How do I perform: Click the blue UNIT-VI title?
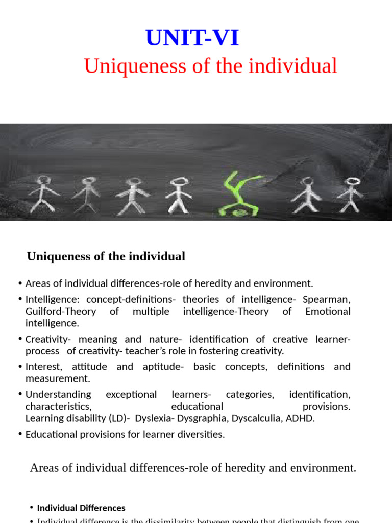[x=192, y=38]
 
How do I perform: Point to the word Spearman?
[x=327, y=299]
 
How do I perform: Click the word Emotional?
[x=328, y=311]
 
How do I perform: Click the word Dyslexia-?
[x=156, y=418]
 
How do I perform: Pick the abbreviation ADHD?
[x=302, y=418]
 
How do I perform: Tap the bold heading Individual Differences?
[x=81, y=508]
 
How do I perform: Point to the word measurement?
[x=57, y=378]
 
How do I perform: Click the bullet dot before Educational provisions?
[x=19, y=435]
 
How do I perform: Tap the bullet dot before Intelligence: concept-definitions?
[x=19, y=299]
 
